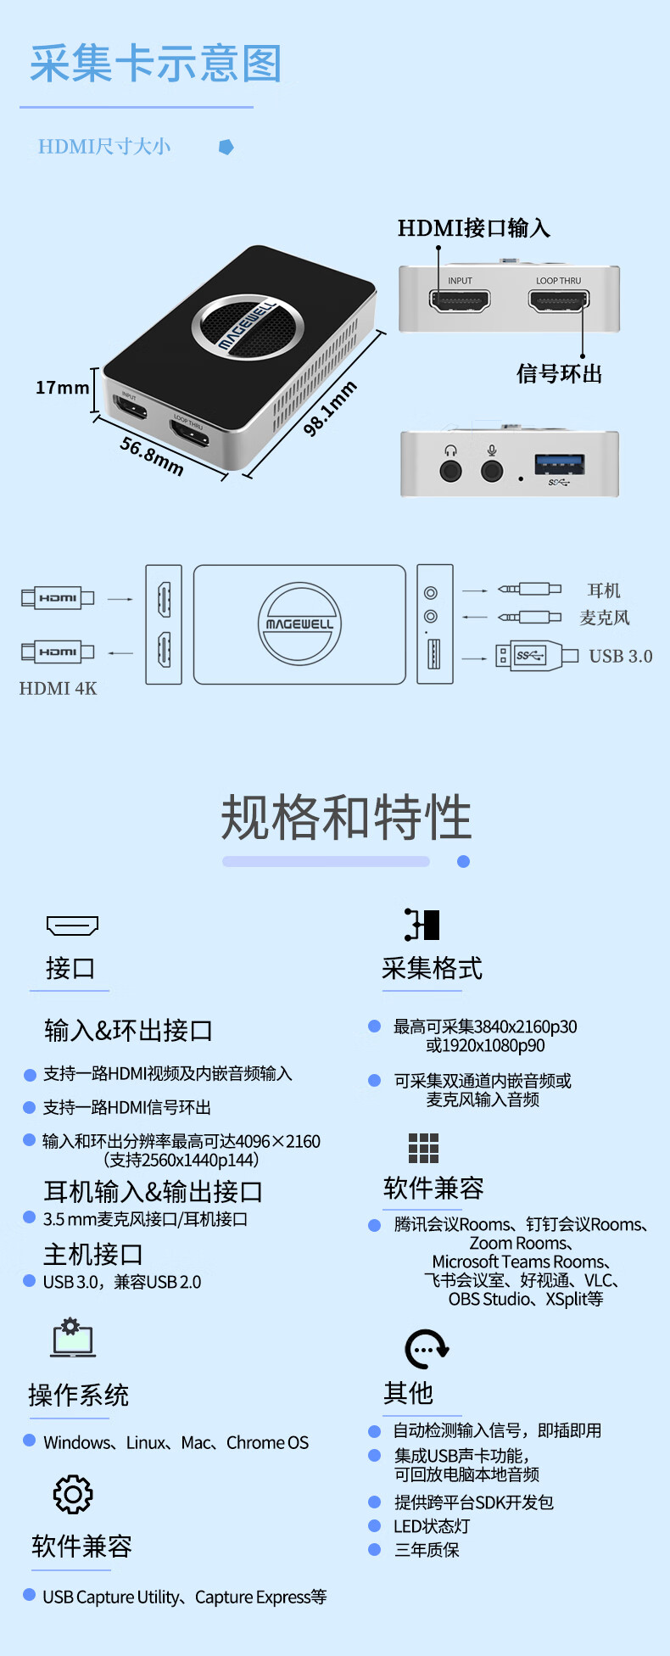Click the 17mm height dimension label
coord(62,388)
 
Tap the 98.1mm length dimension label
coord(331,409)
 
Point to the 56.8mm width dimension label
coord(152,456)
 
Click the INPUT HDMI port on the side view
coord(460,300)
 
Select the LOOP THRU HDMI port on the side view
coord(559,300)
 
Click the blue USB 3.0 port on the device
coord(559,464)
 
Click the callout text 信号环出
coord(559,374)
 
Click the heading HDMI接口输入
coord(474,228)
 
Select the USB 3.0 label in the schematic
coord(621,656)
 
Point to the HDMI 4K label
coord(59,688)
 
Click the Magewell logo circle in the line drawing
coord(299,624)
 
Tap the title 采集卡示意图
coord(155,64)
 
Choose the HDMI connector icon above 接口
coord(72,925)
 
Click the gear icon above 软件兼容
coord(73,1494)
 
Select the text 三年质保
coord(427,1550)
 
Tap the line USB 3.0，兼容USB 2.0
coord(122,1282)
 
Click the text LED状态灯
coord(432,1526)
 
